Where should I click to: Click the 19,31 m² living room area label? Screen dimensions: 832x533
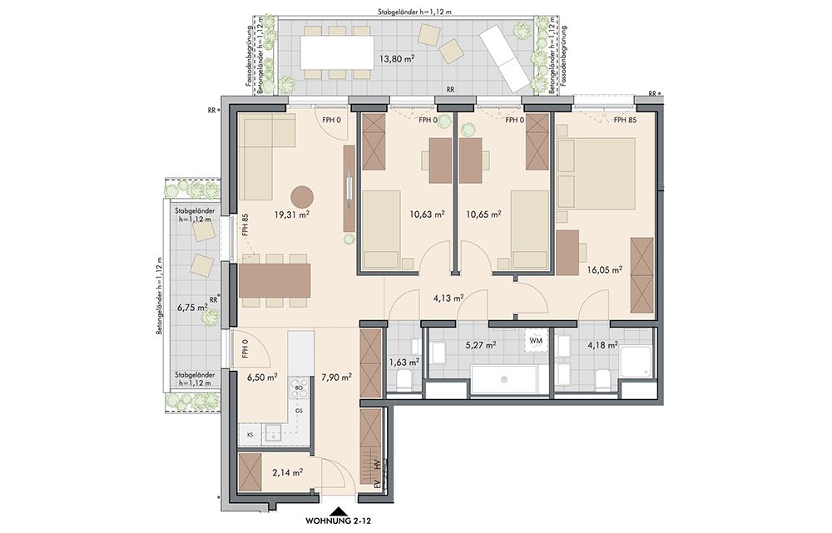click(292, 215)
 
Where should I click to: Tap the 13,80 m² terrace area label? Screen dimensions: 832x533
click(396, 59)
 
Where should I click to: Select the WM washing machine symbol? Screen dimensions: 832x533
click(536, 340)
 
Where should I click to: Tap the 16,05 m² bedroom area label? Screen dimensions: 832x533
click(604, 269)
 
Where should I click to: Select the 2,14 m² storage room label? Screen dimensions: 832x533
click(288, 472)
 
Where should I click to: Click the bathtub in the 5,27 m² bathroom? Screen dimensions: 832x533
click(503, 380)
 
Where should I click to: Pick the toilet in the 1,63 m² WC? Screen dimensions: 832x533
click(403, 380)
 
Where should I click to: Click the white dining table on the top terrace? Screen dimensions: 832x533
click(337, 52)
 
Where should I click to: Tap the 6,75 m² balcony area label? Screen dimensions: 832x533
click(192, 307)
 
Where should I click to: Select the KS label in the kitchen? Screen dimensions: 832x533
click(250, 435)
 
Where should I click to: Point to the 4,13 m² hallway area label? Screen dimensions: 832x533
click(449, 298)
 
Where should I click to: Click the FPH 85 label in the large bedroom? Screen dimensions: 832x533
click(625, 121)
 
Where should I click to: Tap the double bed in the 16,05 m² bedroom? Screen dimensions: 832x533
click(596, 173)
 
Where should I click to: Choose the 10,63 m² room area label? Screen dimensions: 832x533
click(427, 215)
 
